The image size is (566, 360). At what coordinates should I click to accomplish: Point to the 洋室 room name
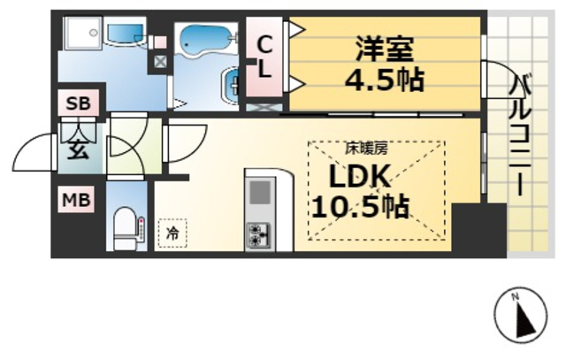pos(385,46)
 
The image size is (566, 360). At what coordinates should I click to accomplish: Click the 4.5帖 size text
pos(384,80)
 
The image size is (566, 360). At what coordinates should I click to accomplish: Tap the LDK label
pos(358,178)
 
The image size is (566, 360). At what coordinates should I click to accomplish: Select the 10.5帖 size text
pos(358,208)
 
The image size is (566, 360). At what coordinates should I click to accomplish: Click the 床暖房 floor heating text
pos(359,149)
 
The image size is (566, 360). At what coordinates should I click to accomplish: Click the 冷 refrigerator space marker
pos(172,234)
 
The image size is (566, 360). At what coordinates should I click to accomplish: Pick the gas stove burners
pos(260,234)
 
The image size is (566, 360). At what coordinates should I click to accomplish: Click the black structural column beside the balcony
pos(478,228)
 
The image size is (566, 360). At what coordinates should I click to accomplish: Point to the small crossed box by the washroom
pos(159,62)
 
